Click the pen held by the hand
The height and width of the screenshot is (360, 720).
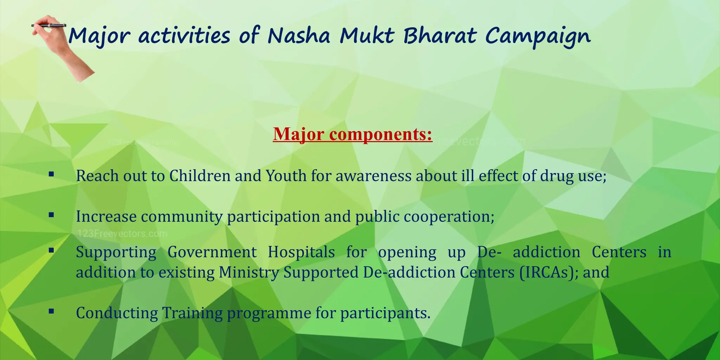49,25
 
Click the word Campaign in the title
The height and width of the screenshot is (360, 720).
538,37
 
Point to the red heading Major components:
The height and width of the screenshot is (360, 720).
352,134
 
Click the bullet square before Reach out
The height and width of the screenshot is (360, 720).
51,174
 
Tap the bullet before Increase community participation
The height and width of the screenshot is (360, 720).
51,214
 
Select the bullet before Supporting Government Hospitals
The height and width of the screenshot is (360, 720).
51,250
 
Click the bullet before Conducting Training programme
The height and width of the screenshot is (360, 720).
51,311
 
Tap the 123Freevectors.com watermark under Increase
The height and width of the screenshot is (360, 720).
122,234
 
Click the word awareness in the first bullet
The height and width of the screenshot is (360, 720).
373,176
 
